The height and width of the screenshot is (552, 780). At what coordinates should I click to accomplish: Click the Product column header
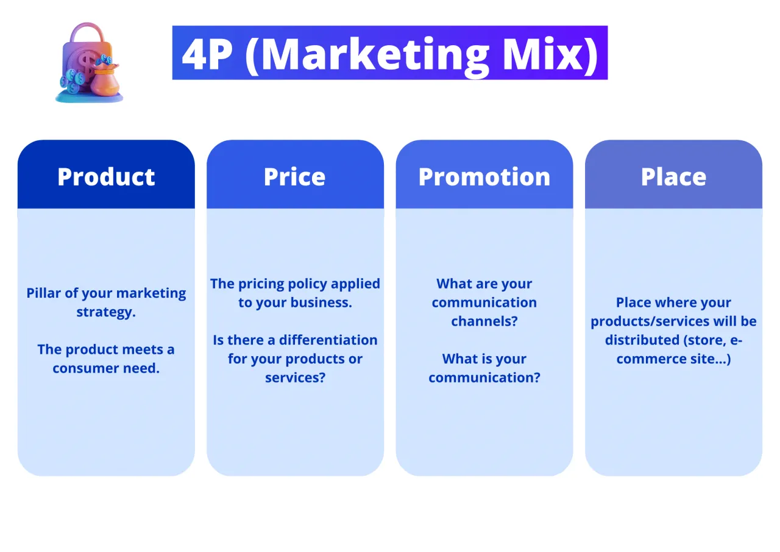click(x=106, y=177)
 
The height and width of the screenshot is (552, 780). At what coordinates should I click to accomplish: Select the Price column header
click(x=295, y=177)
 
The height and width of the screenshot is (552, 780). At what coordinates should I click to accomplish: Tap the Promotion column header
click(x=484, y=177)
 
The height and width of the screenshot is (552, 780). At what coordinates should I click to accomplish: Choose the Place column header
click(x=673, y=177)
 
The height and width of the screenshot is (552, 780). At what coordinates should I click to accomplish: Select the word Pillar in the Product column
click(x=44, y=293)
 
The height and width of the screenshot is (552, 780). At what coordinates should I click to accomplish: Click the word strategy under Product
click(x=105, y=312)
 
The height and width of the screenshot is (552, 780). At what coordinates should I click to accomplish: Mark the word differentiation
click(x=328, y=340)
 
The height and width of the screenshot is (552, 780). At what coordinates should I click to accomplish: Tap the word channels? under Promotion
click(x=484, y=321)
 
